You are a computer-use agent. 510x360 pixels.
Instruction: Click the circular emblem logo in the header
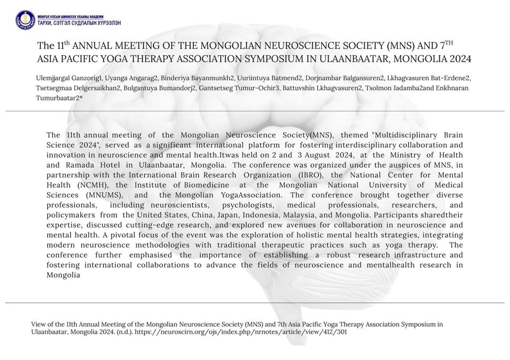click(25, 20)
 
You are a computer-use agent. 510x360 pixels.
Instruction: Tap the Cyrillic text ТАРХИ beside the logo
click(47, 23)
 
